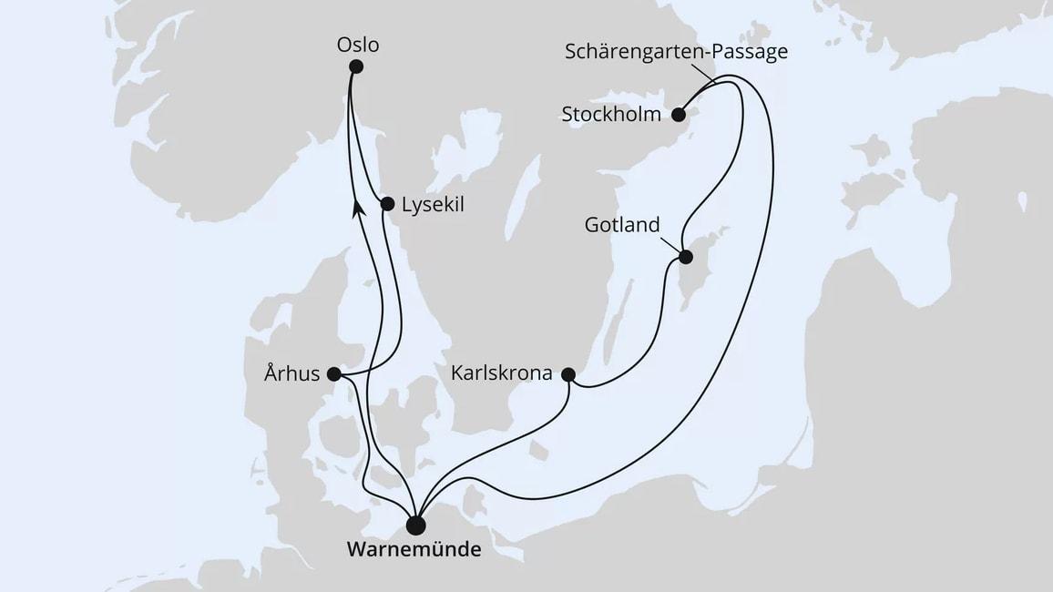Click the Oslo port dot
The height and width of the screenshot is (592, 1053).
point(355,66)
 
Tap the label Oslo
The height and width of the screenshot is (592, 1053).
point(357,44)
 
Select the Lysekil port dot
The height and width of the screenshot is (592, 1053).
point(387,204)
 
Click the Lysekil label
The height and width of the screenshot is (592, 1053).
point(434,205)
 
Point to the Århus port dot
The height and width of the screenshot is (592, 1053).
point(333,373)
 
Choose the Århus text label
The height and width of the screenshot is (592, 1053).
point(292,373)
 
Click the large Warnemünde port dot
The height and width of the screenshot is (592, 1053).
point(415,526)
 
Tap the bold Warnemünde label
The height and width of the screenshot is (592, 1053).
point(414,551)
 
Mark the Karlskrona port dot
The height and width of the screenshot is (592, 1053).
point(568,374)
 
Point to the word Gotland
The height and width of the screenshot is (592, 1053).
point(622,225)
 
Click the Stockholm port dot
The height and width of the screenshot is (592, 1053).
point(679,115)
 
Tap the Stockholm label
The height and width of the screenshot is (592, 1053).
point(612,115)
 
